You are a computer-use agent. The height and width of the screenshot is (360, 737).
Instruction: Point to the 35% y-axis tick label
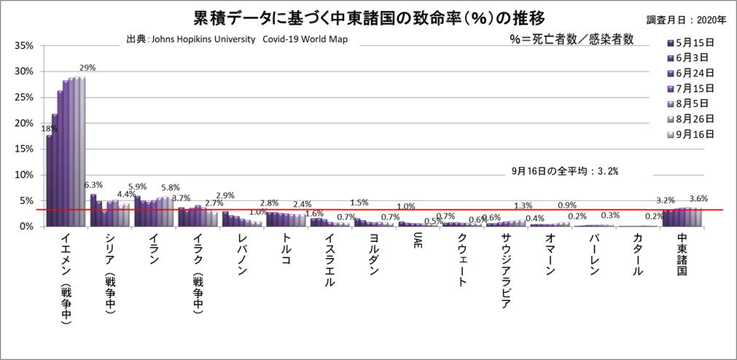point(24,46)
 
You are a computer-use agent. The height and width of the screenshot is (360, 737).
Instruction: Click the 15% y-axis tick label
point(24,149)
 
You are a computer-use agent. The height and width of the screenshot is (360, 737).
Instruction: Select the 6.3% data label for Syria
point(93,185)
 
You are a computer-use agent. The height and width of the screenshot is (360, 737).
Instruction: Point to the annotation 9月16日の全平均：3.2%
point(565,171)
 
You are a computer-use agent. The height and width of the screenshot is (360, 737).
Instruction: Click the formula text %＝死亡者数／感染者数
point(572,39)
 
